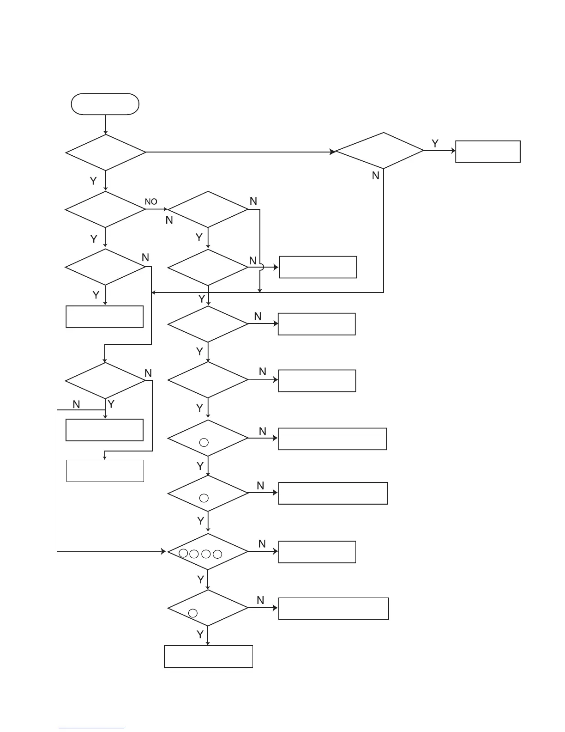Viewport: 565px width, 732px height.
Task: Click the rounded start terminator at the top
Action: (x=105, y=104)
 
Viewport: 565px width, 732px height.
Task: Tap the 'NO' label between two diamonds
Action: (x=151, y=202)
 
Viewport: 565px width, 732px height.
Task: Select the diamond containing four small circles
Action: (x=208, y=552)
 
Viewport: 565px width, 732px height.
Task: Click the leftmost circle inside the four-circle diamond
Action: (x=183, y=553)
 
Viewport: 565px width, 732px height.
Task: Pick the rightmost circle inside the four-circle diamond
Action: (x=217, y=554)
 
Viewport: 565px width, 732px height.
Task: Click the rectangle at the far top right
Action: (x=487, y=152)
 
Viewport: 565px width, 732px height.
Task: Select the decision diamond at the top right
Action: (x=379, y=151)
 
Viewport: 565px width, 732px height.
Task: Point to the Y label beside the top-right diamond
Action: (x=435, y=144)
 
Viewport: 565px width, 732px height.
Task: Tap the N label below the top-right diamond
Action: (x=376, y=176)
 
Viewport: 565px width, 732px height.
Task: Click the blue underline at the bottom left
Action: (x=91, y=728)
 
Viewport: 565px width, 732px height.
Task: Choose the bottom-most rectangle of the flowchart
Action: (x=208, y=656)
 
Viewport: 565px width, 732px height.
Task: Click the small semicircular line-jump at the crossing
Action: (x=261, y=267)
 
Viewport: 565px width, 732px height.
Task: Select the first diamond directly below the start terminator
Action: (x=106, y=152)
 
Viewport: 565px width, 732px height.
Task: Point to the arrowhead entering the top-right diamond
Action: (x=332, y=152)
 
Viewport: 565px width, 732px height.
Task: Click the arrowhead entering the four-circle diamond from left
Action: (x=163, y=551)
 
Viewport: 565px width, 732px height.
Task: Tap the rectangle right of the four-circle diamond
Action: (x=317, y=552)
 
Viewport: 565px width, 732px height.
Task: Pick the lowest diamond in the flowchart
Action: (x=208, y=608)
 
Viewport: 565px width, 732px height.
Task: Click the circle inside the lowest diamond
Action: (x=193, y=613)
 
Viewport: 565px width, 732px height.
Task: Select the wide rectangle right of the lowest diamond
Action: (x=333, y=609)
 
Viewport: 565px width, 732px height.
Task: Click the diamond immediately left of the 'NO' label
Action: (x=106, y=209)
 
